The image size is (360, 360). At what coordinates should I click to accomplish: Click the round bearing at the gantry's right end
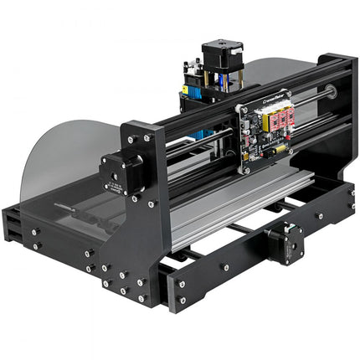pyautogui.click(x=332, y=92)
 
